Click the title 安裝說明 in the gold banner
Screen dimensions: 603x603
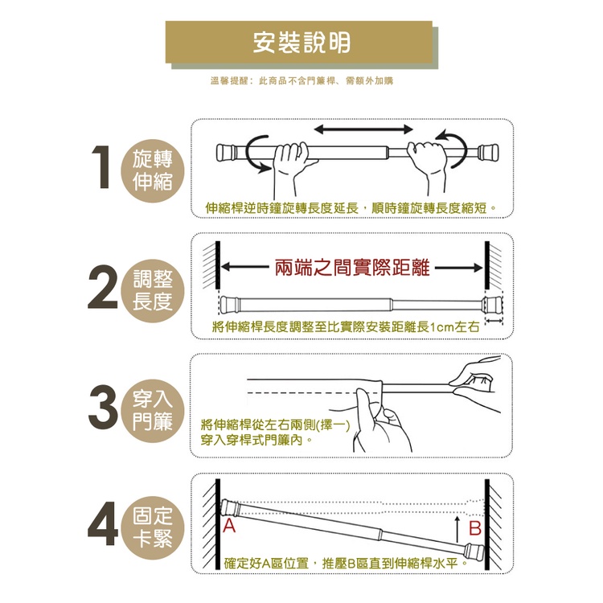coord(301,43)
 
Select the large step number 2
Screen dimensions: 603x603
coord(103,286)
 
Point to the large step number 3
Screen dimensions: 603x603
coord(103,407)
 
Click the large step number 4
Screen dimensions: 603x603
coord(103,523)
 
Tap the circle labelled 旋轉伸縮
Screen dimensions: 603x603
coord(153,170)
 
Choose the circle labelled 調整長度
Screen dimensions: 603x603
coord(153,291)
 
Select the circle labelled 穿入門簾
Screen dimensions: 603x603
coord(153,410)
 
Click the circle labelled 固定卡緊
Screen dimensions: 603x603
coord(153,527)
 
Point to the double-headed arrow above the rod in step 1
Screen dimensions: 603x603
coord(363,129)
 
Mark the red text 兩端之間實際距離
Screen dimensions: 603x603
coord(352,268)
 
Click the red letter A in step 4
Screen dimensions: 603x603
coord(229,526)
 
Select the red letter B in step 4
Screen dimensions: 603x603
coord(475,528)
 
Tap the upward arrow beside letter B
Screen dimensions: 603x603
coord(457,529)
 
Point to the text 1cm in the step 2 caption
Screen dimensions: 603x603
coord(441,327)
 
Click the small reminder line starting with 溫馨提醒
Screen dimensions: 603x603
coord(301,80)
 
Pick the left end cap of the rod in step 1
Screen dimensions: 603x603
coord(225,153)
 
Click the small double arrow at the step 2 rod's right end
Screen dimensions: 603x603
coord(494,321)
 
